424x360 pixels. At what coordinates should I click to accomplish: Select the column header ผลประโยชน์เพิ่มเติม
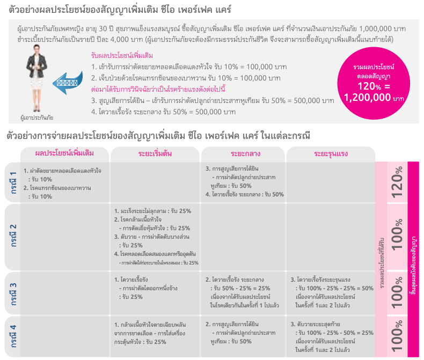tap(64, 154)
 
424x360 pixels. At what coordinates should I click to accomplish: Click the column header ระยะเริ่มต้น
tap(155, 154)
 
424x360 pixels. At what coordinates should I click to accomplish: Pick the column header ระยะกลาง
tap(243, 154)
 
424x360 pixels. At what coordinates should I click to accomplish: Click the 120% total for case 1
tap(397, 182)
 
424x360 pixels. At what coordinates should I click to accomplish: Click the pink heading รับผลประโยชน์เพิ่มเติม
tap(121, 55)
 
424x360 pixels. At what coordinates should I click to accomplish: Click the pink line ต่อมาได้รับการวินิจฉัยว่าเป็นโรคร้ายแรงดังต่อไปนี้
tap(158, 89)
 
